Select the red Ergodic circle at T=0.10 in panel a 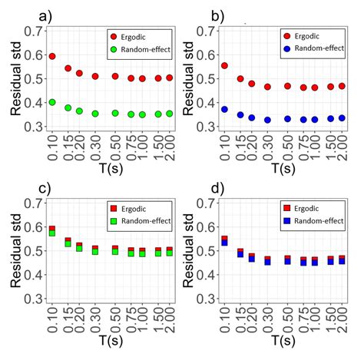52,56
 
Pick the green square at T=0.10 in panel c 52,233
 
